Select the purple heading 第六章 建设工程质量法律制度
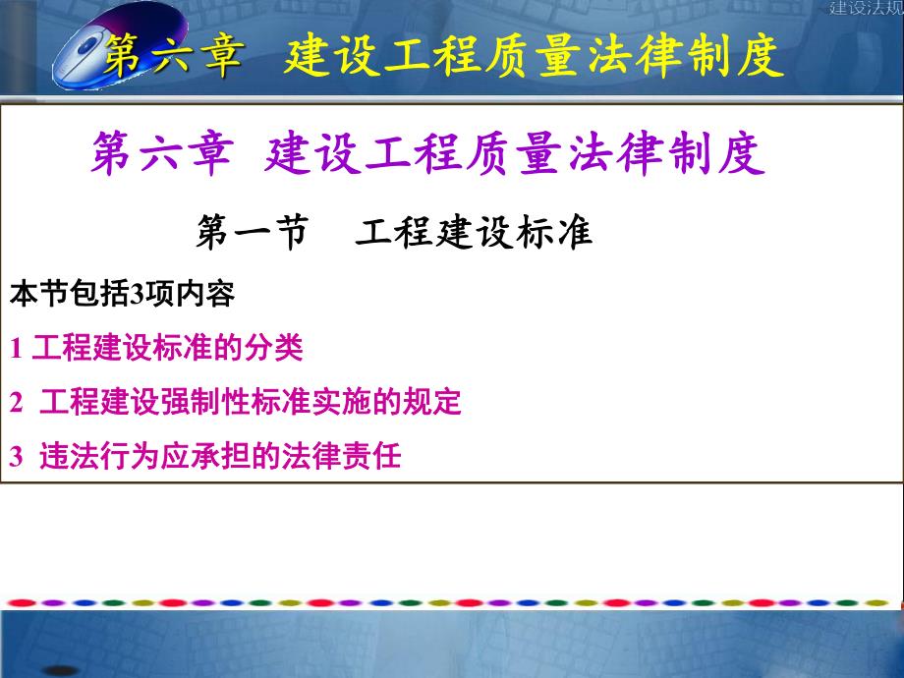point(427,156)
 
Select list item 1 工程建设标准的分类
point(157,347)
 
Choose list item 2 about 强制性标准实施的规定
point(236,402)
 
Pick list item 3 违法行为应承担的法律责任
point(206,457)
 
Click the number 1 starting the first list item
point(16,348)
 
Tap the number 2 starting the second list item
point(16,403)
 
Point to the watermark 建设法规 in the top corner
point(866,9)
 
